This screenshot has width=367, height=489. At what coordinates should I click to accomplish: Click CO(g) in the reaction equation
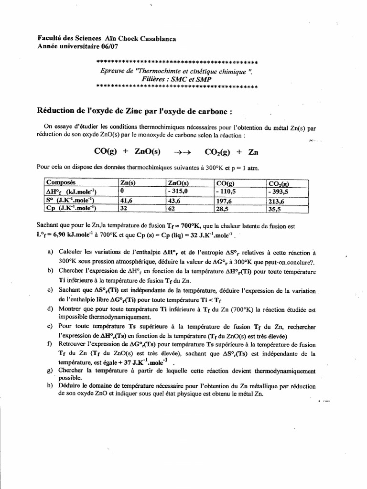coord(105,152)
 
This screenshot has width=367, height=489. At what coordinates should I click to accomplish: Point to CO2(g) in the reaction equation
coord(217,152)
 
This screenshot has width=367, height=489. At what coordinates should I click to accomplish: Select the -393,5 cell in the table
coord(279,191)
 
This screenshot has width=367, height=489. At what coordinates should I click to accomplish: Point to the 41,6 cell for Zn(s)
coord(127,201)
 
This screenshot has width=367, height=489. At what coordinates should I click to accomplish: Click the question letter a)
coord(50,252)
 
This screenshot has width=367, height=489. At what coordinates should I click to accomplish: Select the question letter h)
coord(50,386)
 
